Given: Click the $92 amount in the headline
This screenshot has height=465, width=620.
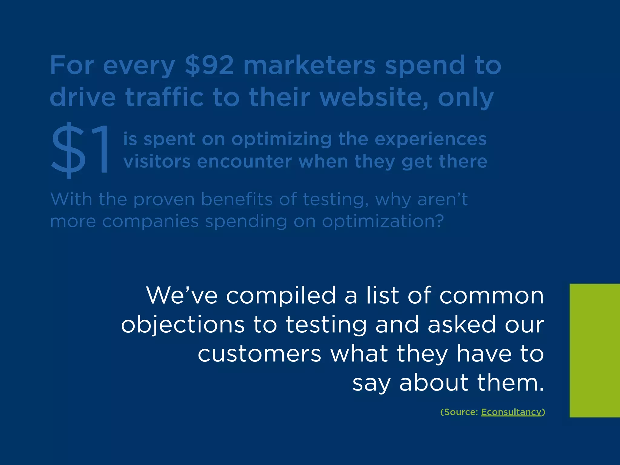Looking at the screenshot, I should pos(209,65).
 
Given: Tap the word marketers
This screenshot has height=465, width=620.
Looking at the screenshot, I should pos(309,65).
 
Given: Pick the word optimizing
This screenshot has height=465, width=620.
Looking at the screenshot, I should pos(281,140).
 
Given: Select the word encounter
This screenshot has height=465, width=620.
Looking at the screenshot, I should pos(244,162).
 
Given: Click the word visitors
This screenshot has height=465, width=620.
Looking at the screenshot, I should pos(157,162).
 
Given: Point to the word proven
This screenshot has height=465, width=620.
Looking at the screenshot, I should pos(164,200).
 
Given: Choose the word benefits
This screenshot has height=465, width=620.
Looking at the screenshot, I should pos(237,200).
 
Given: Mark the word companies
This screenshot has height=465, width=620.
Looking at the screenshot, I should pos(150,221).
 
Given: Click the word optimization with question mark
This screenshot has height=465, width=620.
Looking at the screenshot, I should pos(383,221).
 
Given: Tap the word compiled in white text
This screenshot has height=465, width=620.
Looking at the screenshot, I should pos(281,296).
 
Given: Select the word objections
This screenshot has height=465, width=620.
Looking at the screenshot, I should pos(183,325).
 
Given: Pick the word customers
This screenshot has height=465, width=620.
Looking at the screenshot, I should pos(259,354).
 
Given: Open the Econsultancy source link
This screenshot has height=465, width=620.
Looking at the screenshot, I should pos(511,412).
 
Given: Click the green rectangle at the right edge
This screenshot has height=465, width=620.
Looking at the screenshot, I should pos(595,350).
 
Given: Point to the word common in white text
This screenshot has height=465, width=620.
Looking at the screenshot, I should pos(491,295).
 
